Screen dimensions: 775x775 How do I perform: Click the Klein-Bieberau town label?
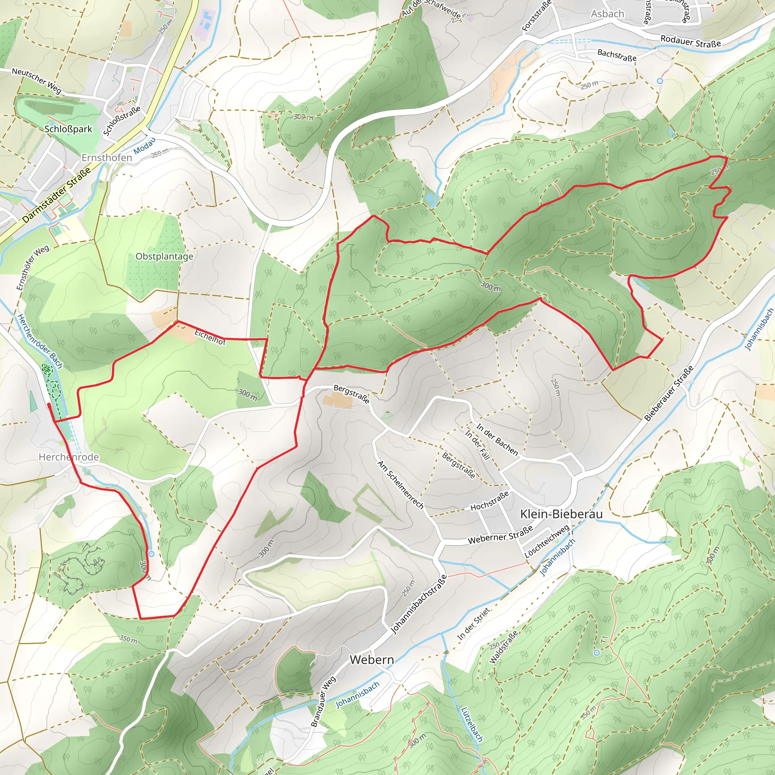561,514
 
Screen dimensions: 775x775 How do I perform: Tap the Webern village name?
372,660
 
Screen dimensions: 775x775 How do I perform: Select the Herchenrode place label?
68,457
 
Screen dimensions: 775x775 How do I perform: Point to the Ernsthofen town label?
107,158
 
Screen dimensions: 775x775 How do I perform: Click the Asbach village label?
607,14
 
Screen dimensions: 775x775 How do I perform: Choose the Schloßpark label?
68,129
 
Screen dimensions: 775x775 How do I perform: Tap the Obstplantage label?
164,256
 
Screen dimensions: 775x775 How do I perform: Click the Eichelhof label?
210,337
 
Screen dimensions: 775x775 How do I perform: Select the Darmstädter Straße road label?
56,195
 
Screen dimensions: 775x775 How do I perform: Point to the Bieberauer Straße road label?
668,394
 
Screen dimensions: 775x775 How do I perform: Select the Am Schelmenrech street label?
400,485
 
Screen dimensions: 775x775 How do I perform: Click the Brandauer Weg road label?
323,702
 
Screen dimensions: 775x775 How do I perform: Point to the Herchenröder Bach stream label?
40,341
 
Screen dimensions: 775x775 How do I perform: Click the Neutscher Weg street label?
36,80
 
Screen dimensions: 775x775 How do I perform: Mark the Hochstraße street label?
489,501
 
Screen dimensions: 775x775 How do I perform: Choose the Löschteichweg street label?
547,542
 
